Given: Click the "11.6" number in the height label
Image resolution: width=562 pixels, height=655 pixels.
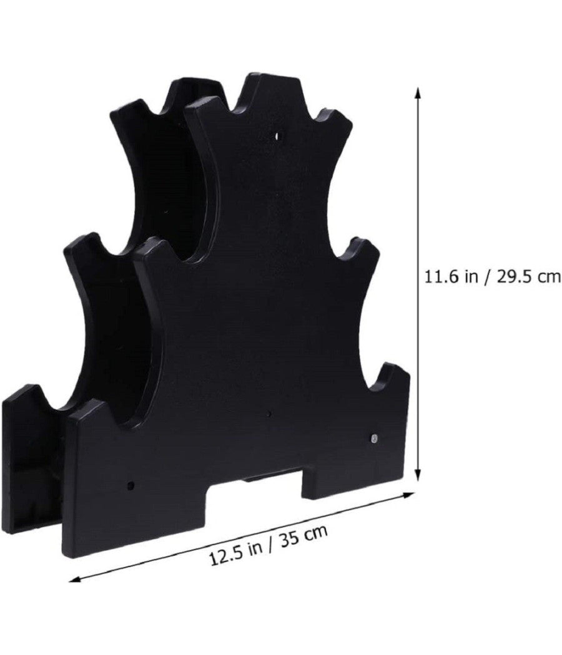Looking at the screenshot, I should [439, 276].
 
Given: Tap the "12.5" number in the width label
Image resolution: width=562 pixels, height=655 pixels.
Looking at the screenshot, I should [224, 555].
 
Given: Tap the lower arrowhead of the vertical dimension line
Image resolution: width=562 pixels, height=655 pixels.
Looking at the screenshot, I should [417, 476].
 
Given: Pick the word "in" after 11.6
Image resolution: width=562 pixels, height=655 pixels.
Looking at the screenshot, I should [468, 276].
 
